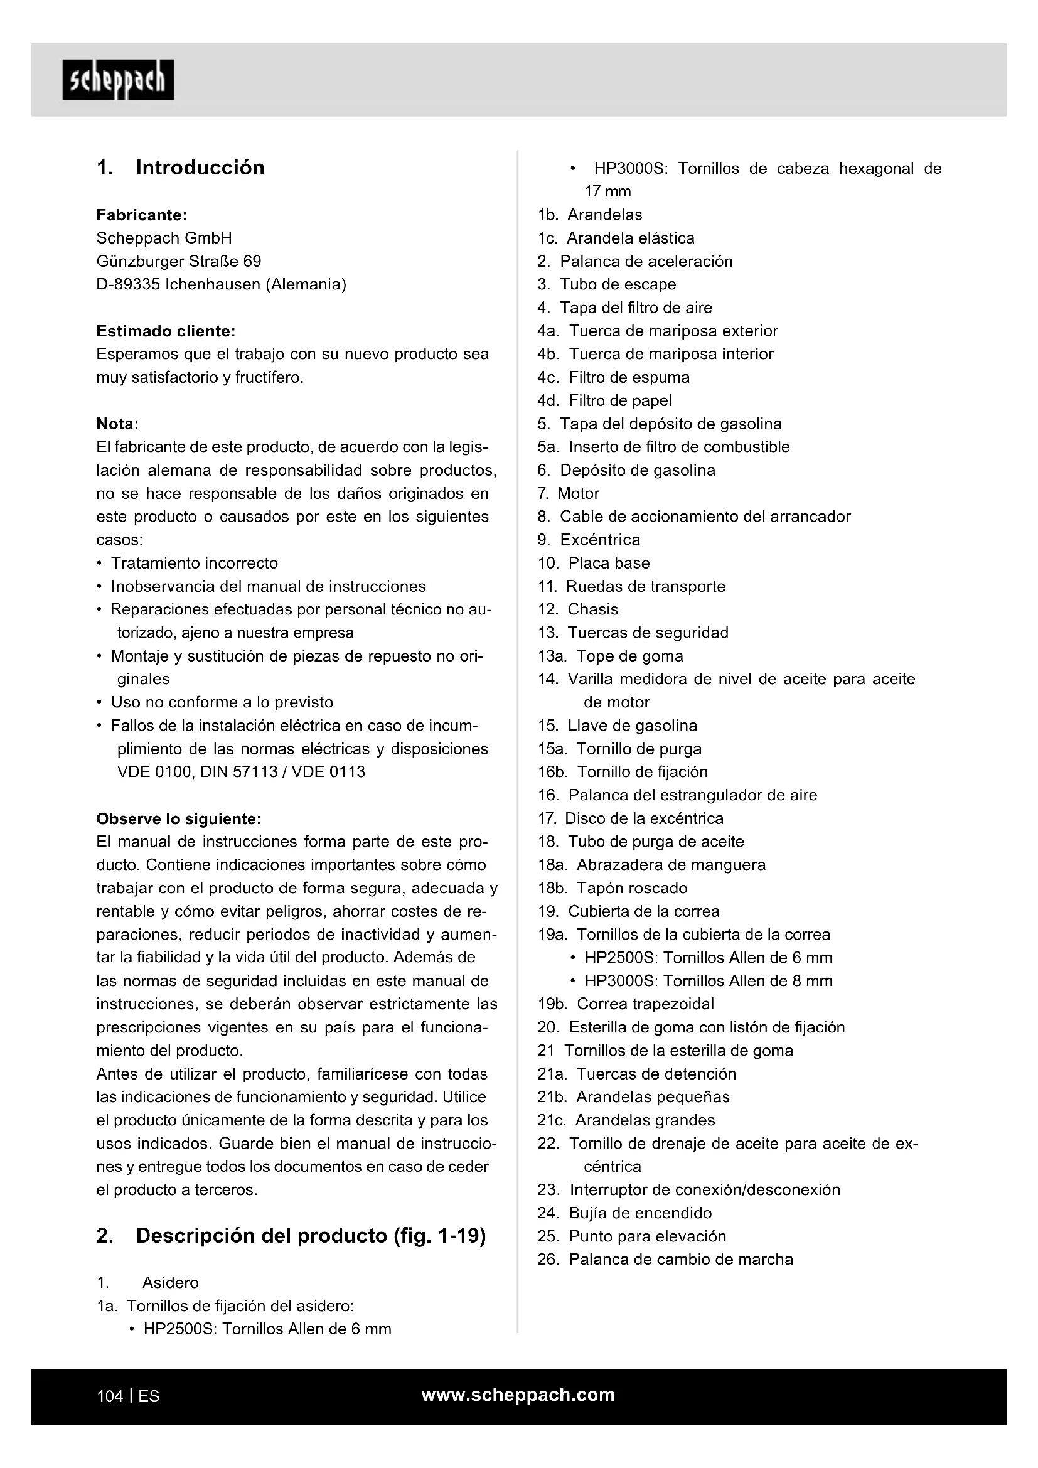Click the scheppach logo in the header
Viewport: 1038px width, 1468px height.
[118, 80]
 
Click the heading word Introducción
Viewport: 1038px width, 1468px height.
[200, 168]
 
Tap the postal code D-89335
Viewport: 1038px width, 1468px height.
[128, 284]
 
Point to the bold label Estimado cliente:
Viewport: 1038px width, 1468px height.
[166, 331]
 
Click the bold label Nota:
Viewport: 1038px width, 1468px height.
[117, 424]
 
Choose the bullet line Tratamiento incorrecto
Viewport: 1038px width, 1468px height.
[195, 563]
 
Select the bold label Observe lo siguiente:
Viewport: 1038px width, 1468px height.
[178, 818]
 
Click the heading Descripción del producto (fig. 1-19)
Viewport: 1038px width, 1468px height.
[311, 1236]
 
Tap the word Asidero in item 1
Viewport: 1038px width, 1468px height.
[171, 1283]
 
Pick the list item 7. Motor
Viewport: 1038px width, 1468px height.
[569, 493]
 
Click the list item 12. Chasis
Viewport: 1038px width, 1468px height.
[578, 609]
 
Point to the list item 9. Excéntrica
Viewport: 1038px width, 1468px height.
[589, 540]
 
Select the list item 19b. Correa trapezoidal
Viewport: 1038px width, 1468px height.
[626, 1004]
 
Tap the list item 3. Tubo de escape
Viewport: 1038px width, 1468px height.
[607, 284]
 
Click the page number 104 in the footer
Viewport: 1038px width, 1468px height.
[109, 1396]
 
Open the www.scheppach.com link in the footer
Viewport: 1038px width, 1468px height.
[518, 1395]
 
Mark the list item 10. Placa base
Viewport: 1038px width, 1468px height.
[594, 563]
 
